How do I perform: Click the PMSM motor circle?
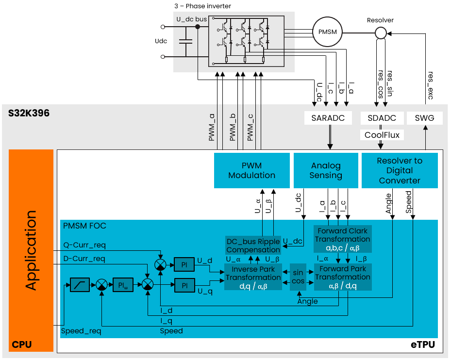(x=328, y=32)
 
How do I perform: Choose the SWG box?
(x=425, y=118)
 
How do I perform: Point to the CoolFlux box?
(x=382, y=135)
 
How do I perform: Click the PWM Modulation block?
(x=251, y=170)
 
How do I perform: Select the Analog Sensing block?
(x=326, y=170)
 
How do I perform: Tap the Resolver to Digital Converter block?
(x=400, y=170)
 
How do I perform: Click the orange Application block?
(x=31, y=250)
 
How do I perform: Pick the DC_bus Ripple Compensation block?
(x=253, y=245)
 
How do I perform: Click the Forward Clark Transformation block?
(x=342, y=239)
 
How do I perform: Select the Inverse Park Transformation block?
(x=253, y=278)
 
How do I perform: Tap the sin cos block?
(x=298, y=278)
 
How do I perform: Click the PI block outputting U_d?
(x=184, y=264)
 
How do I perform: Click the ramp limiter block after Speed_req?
(x=80, y=285)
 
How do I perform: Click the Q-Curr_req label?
(x=84, y=244)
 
